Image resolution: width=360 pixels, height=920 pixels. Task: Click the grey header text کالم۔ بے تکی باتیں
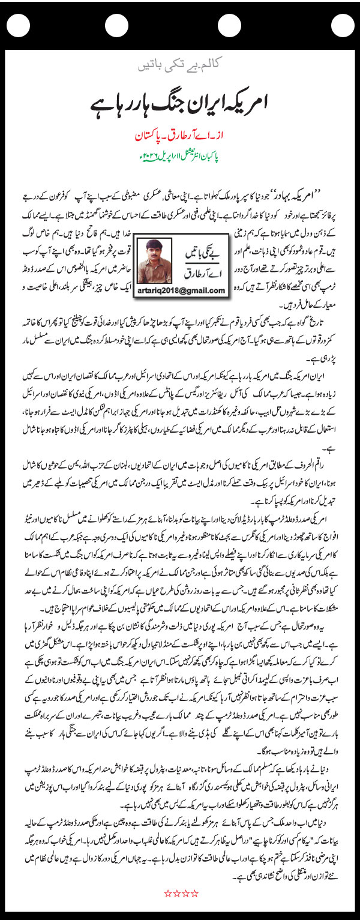[179, 62]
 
